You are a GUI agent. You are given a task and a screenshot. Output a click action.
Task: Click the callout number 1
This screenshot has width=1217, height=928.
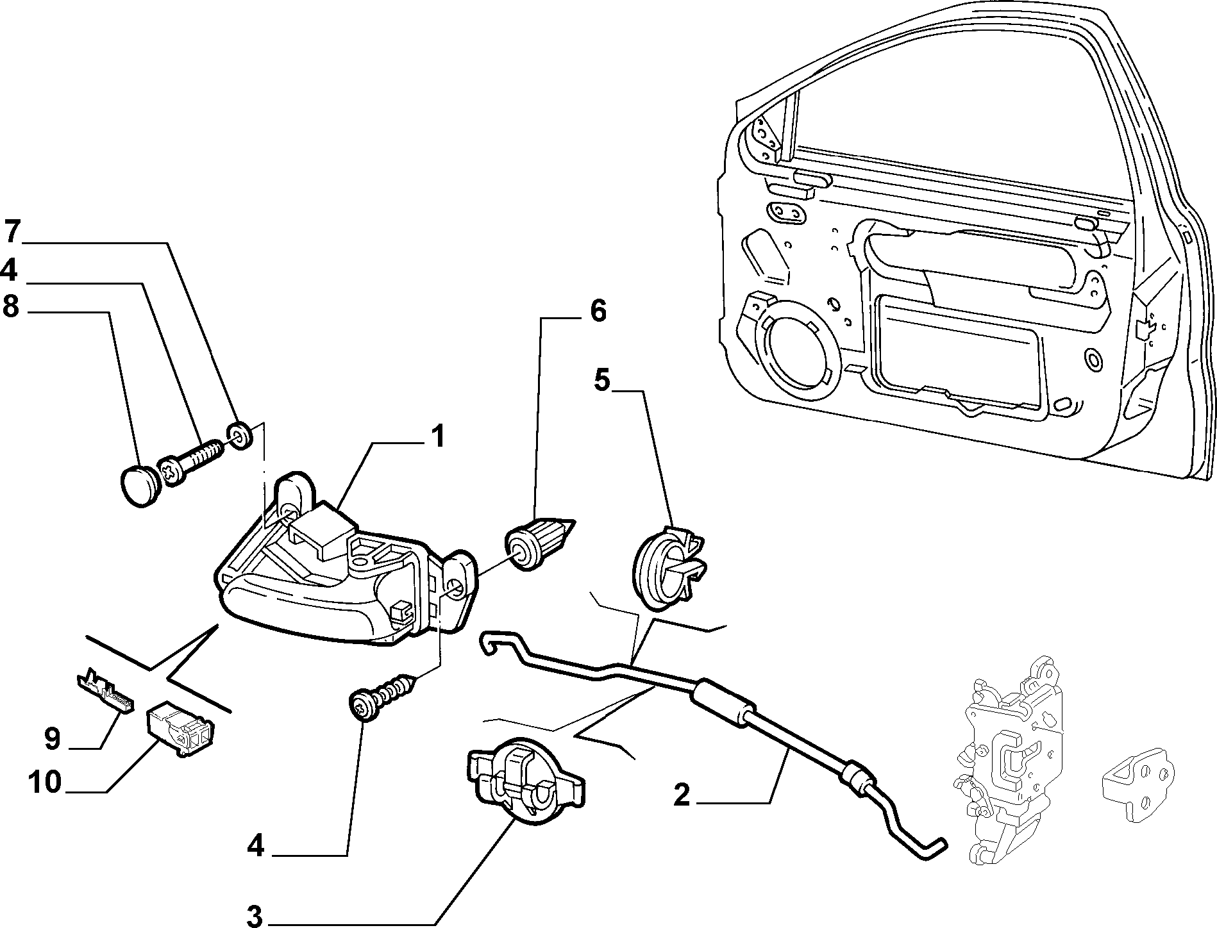[437, 438]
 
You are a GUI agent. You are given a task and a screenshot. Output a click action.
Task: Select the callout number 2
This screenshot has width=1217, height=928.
[682, 795]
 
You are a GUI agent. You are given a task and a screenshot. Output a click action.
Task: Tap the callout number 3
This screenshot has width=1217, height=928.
[255, 913]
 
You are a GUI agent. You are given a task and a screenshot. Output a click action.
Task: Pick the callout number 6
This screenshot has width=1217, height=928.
[598, 311]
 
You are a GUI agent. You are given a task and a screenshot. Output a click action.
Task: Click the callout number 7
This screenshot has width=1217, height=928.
[13, 231]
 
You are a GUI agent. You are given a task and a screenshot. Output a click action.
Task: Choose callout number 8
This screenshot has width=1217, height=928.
[11, 306]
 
